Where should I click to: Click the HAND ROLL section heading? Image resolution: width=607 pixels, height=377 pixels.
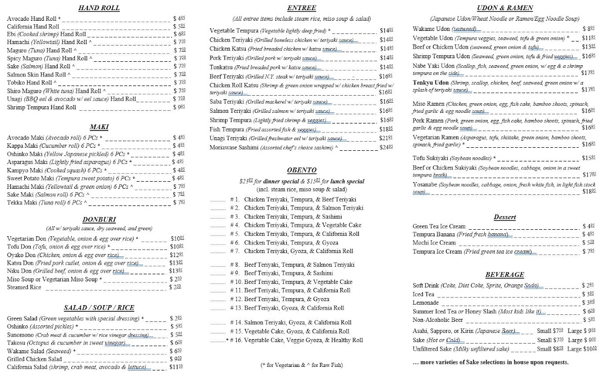click(x=95, y=9)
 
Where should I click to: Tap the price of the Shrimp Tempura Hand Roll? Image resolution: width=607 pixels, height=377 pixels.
click(x=178, y=107)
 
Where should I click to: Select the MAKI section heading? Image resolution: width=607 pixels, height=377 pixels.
click(x=95, y=127)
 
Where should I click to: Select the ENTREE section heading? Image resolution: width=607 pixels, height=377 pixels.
click(x=301, y=8)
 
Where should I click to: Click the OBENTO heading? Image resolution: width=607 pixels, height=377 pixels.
click(x=301, y=170)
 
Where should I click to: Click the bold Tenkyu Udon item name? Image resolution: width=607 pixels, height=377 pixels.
click(x=430, y=82)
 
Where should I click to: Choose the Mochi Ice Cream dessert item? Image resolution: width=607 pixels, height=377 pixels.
click(x=434, y=243)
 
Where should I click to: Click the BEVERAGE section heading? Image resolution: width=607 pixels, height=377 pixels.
click(x=504, y=274)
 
